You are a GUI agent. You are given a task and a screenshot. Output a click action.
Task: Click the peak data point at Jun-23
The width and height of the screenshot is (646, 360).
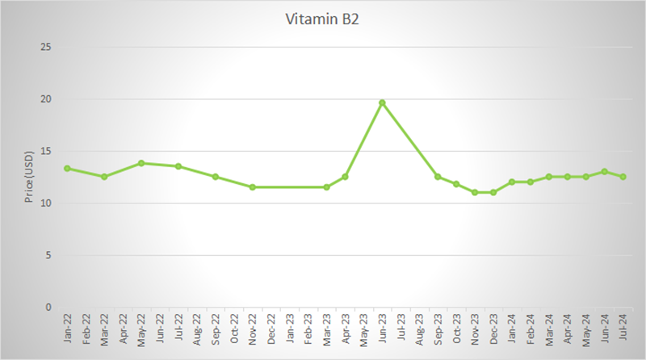coord(382,103)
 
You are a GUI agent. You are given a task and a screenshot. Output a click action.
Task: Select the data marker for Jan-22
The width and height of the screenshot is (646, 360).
coord(67,168)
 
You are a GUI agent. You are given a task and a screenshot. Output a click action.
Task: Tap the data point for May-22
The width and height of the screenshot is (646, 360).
coord(141,163)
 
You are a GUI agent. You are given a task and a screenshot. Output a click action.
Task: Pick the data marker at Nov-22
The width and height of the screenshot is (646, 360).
coord(253,186)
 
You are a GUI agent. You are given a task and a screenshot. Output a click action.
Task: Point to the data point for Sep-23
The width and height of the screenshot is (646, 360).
coord(438,176)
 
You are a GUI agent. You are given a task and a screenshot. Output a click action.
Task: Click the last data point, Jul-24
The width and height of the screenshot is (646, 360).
coord(623,176)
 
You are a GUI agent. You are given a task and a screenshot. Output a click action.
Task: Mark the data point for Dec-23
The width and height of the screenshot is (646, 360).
coord(493,192)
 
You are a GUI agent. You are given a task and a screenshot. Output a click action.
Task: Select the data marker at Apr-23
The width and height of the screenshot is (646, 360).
coord(345,176)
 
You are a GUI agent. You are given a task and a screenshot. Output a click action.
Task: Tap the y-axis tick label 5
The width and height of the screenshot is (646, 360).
coord(48,255)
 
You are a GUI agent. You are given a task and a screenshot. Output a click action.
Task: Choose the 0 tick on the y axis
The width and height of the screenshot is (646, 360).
coord(48,308)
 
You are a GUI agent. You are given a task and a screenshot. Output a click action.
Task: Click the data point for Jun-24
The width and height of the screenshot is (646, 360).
coord(604,171)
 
